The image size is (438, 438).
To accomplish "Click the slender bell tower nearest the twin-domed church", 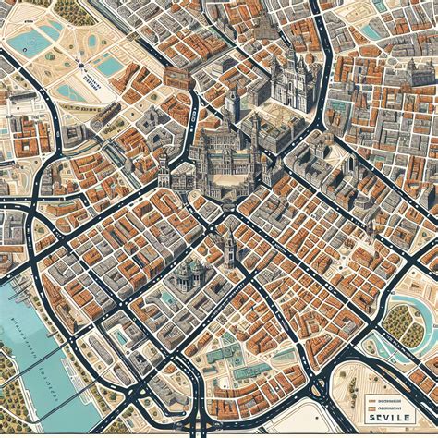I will [x=226, y=247].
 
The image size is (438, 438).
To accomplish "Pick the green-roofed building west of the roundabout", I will [x=220, y=356].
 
